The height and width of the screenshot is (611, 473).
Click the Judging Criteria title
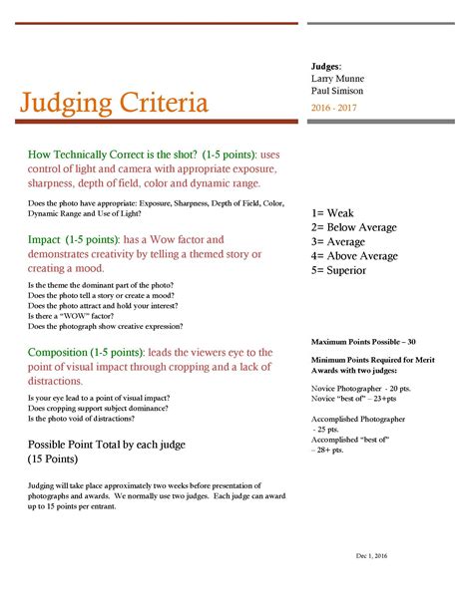pyautogui.click(x=114, y=103)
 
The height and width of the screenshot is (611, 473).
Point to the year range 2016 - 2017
pyautogui.click(x=334, y=108)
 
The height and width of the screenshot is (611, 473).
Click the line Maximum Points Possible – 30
pyautogui.click(x=363, y=341)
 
